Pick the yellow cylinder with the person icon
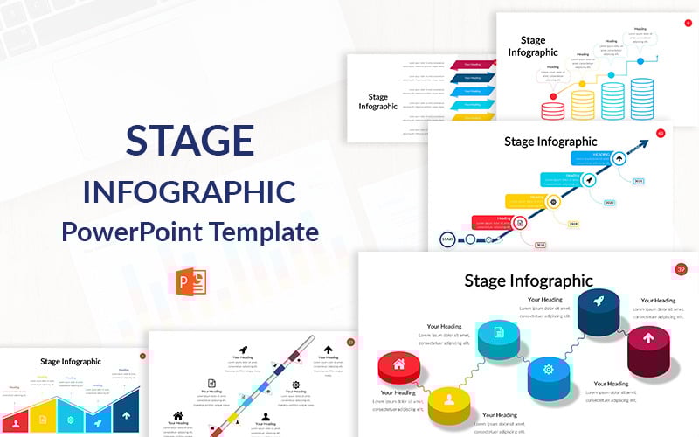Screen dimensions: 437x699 451,403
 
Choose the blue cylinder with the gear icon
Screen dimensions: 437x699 548,371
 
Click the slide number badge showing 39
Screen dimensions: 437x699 682,269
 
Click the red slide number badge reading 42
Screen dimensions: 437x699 661,134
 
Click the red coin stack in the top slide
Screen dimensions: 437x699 552,110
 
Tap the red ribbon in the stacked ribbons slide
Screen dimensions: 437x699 472,65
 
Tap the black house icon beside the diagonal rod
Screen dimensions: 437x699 178,416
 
